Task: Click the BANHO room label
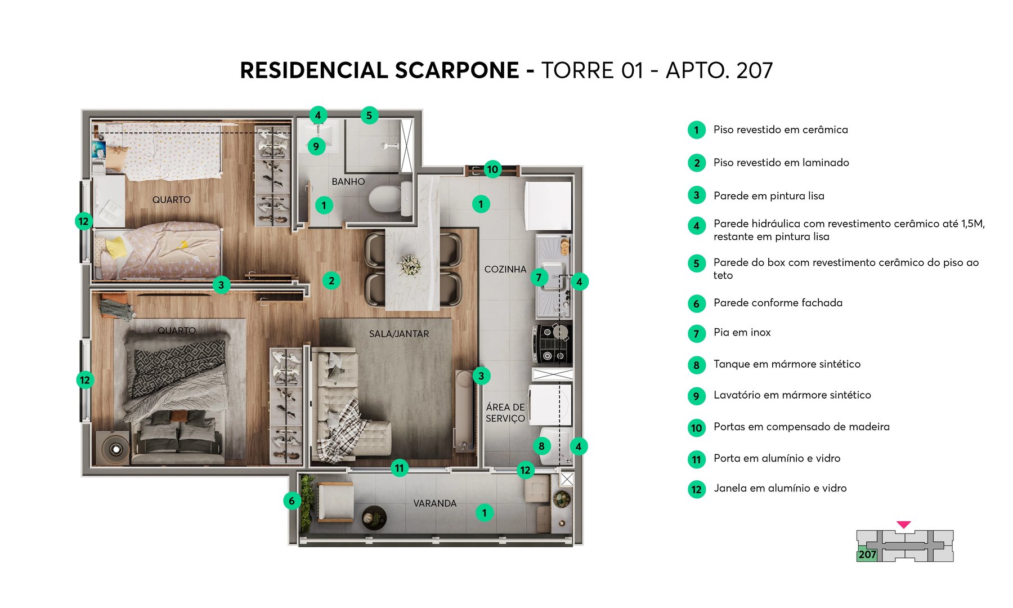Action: point(348,182)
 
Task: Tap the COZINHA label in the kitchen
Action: point(505,270)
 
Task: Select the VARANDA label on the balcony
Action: point(434,503)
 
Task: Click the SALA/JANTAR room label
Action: point(398,334)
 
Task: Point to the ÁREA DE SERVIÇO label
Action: point(505,413)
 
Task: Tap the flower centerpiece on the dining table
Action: point(409,265)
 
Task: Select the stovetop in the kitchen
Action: point(552,343)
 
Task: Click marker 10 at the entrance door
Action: point(492,169)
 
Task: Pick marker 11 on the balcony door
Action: point(399,468)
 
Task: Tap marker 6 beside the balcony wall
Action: point(292,500)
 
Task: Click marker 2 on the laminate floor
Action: point(331,280)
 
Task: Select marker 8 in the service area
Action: point(541,446)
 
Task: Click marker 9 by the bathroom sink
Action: point(316,146)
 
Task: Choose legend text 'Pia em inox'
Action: point(742,333)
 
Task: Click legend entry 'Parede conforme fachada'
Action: point(778,303)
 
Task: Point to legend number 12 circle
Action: point(696,489)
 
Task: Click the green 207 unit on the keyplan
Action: point(867,555)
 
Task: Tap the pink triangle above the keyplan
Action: point(903,525)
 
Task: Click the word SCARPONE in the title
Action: point(456,70)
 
